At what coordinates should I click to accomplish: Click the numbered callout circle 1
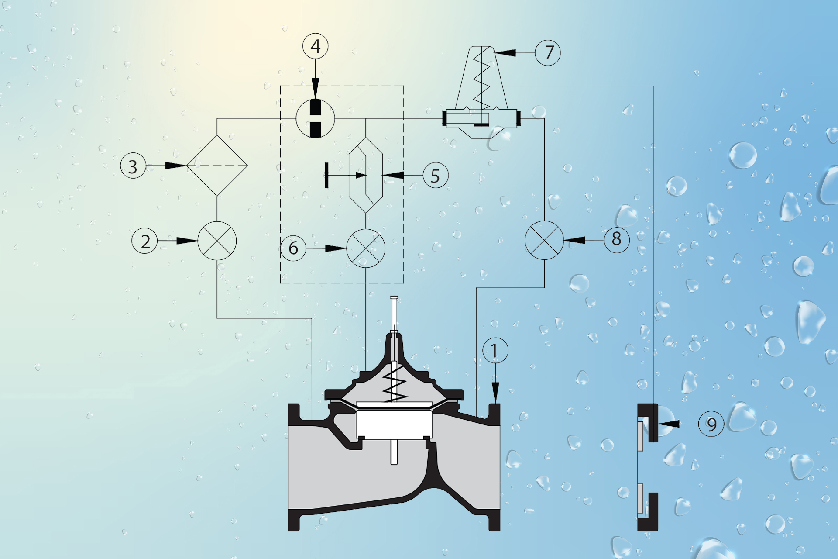point(495,350)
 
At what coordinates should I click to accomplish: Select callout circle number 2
point(144,241)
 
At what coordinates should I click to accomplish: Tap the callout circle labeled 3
point(133,166)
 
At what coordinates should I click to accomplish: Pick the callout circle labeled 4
point(315,46)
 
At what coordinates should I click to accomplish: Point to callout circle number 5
point(436,175)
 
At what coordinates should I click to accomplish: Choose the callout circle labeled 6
point(293,248)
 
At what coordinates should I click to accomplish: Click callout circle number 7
point(548,52)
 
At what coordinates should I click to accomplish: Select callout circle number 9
point(711,424)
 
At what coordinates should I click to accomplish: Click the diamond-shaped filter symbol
point(217,166)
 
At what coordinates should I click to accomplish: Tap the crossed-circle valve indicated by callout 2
point(217,241)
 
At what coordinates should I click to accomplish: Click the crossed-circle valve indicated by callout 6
point(366,248)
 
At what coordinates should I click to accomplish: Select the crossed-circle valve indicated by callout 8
point(544,240)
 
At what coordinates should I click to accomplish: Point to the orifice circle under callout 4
point(315,118)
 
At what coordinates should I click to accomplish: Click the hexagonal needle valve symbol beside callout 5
point(366,175)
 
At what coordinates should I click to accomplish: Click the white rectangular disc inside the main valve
point(394,424)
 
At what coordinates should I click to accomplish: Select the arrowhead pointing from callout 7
point(505,53)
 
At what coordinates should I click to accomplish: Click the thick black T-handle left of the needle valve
point(326,175)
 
